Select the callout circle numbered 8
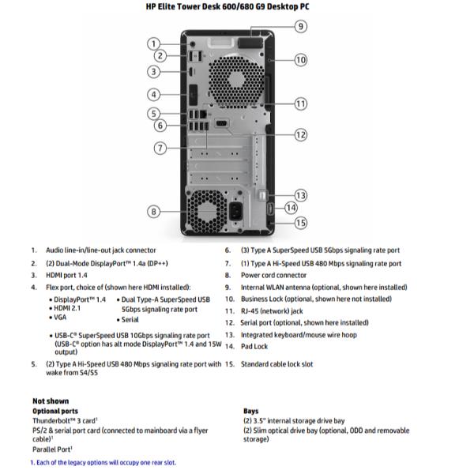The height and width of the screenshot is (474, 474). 154,211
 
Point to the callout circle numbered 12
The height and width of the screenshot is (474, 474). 300,135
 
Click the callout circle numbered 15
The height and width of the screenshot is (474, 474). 300,223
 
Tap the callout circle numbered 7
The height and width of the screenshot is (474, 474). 160,148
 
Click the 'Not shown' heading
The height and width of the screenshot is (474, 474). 51,401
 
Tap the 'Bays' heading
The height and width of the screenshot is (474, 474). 253,411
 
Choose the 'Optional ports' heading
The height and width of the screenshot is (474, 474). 55,411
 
